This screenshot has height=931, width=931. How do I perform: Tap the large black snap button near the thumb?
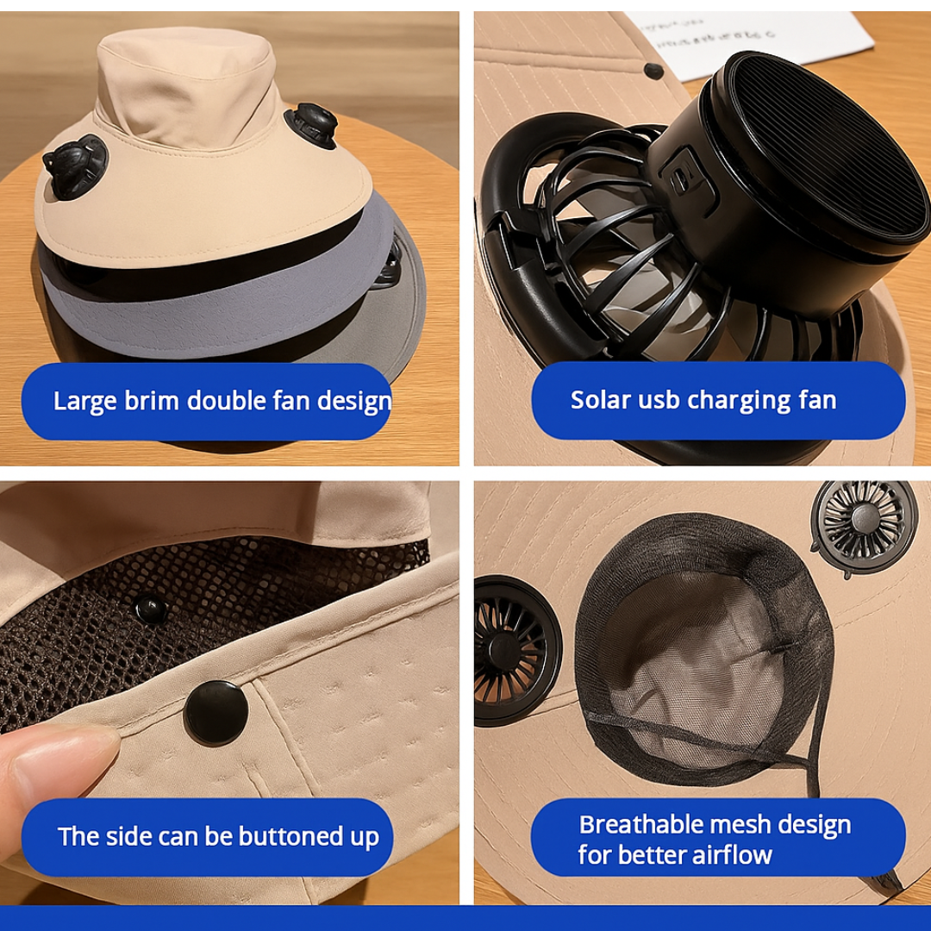coord(216,712)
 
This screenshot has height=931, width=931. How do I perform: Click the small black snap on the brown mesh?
coord(152,609)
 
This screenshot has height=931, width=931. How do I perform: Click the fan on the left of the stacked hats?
coord(74,166)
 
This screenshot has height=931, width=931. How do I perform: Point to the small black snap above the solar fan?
coord(653,71)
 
